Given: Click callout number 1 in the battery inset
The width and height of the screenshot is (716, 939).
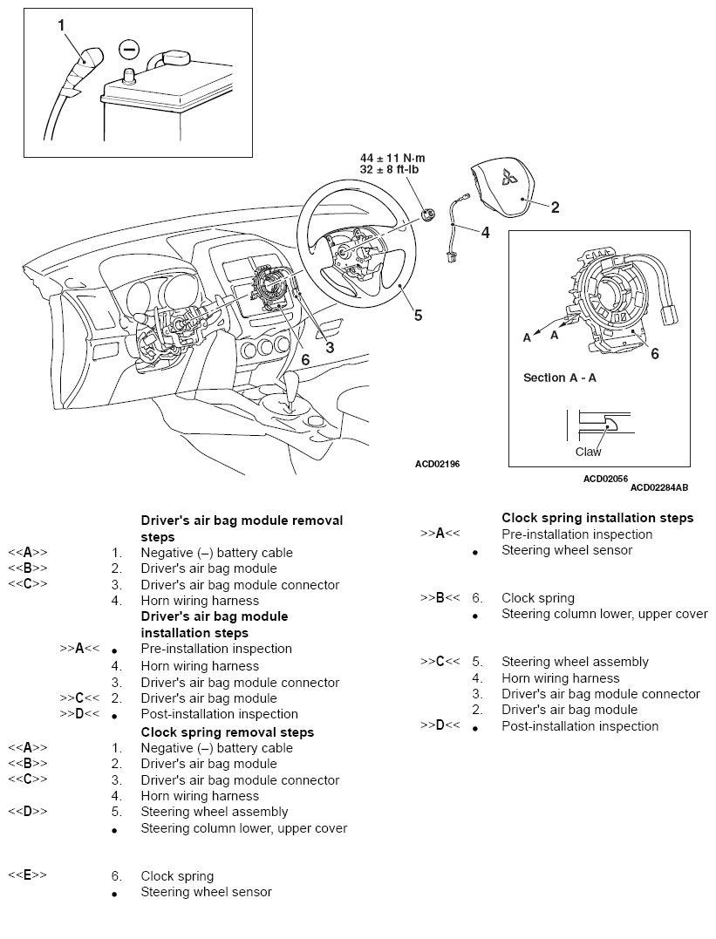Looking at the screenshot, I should [x=62, y=25].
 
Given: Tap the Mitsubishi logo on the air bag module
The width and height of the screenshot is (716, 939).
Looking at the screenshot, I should [x=508, y=180].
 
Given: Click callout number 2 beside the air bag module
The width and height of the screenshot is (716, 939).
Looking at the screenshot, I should [x=555, y=208].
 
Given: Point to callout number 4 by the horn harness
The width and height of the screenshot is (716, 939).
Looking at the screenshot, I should [x=485, y=233].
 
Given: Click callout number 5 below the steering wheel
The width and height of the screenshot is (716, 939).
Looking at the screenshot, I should [x=418, y=316].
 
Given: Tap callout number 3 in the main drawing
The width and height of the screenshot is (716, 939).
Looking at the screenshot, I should [x=330, y=347].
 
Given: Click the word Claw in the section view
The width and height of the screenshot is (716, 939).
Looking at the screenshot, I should [x=588, y=452].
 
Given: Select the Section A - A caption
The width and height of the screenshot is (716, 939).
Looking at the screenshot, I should [x=559, y=378].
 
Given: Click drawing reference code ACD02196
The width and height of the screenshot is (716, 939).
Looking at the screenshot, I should [x=437, y=464].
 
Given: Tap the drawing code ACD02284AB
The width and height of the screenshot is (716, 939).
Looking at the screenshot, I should [x=658, y=487].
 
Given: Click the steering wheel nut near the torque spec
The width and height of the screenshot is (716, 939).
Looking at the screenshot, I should [x=427, y=213].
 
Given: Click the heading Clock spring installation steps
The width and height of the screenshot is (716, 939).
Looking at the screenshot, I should [x=597, y=518].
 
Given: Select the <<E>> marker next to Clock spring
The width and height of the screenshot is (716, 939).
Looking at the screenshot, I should [x=28, y=875].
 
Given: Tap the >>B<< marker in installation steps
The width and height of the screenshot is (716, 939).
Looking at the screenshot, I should [x=440, y=598].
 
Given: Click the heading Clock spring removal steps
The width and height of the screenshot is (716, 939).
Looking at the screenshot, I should [x=228, y=732].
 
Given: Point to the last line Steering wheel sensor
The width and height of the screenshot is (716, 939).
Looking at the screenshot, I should [x=206, y=892].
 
